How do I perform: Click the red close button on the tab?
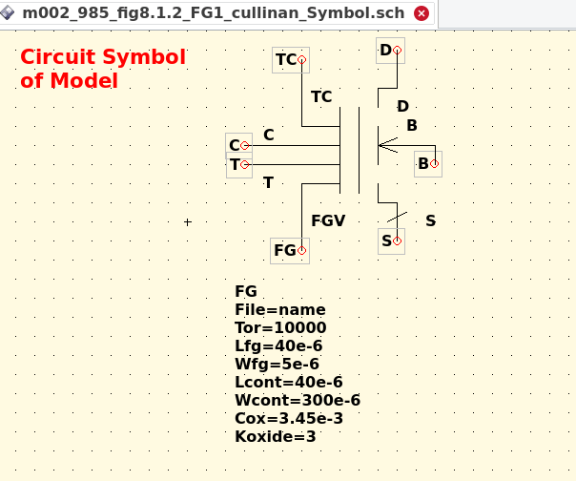[x=422, y=13]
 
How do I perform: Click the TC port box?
[x=290, y=60]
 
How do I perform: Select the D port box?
[x=390, y=51]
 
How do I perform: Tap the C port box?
[x=238, y=145]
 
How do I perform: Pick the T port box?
[x=238, y=164]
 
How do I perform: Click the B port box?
[x=428, y=163]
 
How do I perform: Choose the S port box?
[x=391, y=240]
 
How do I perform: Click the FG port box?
[x=290, y=250]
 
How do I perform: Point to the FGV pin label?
[x=328, y=220]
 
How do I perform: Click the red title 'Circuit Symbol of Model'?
[x=103, y=69]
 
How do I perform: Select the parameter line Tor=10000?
[x=280, y=327]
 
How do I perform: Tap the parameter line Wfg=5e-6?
[x=277, y=364]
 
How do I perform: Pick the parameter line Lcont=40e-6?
[x=288, y=382]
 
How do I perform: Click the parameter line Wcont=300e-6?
[x=297, y=400]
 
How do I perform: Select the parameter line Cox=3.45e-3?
[x=288, y=418]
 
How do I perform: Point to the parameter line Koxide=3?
[x=275, y=436]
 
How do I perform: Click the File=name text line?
[x=279, y=309]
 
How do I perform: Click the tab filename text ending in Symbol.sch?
[x=214, y=13]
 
